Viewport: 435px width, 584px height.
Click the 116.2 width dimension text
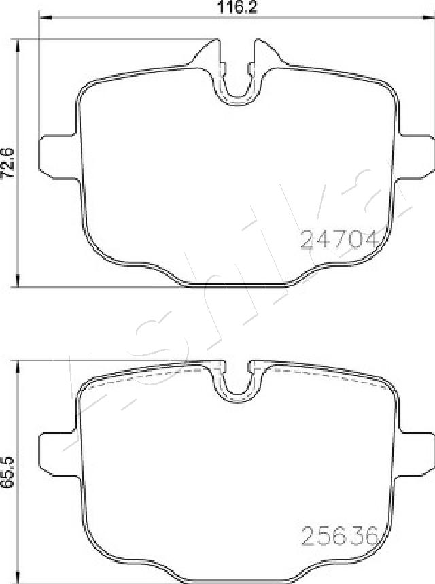pos(237,7)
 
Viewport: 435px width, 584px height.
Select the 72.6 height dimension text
pos(8,162)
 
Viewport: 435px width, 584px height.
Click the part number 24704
pos(338,240)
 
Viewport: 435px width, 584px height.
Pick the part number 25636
pos(339,536)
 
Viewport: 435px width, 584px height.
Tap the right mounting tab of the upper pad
pos(415,156)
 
